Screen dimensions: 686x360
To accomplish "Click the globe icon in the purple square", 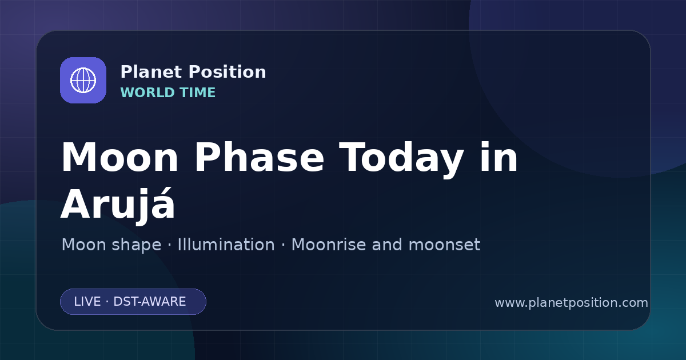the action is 83,80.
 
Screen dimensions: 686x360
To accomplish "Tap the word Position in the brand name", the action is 228,72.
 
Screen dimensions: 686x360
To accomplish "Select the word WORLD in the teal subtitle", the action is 147,93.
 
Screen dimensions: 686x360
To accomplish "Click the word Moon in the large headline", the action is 119,158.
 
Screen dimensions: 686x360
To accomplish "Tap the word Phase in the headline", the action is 259,157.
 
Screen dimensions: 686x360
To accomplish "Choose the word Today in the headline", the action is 401,160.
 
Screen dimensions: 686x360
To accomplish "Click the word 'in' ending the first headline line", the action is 499,157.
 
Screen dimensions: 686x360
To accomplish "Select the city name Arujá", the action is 118,203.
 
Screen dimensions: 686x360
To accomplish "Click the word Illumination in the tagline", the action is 226,245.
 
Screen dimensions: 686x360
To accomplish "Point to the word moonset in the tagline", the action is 444,245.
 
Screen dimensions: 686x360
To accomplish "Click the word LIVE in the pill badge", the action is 87,302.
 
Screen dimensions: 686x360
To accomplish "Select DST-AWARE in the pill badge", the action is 149,302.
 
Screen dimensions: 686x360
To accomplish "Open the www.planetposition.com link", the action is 571,303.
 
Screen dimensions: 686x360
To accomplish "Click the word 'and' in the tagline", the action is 387,245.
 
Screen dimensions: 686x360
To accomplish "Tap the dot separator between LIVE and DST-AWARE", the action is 107,302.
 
